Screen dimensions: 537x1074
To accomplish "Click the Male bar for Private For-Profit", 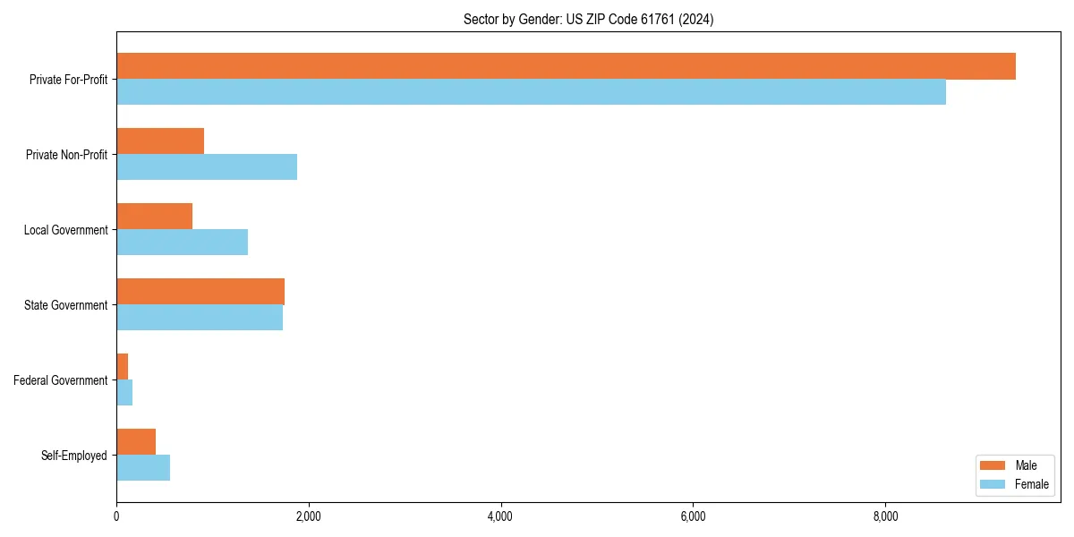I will point(566,66).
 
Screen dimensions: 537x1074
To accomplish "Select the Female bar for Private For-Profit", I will point(531,91).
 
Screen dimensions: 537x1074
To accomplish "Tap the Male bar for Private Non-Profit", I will point(160,141).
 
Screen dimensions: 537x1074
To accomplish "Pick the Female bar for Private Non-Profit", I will point(207,166).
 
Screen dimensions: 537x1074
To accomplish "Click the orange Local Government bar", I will point(154,217).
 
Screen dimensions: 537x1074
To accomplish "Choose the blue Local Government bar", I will point(182,242).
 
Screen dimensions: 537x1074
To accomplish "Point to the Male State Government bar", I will point(200,292).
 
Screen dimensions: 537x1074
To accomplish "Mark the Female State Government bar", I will point(200,317).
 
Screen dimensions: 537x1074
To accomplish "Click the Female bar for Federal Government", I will point(124,392).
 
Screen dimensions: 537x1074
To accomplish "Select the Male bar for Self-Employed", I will point(136,442).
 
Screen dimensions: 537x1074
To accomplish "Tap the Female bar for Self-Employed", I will point(143,467).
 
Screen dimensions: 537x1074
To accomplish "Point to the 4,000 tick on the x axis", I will point(501,516).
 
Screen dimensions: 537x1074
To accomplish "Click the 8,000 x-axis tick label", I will point(885,516).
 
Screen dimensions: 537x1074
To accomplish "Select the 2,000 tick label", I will point(309,516).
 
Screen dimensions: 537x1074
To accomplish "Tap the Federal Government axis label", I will point(61,380).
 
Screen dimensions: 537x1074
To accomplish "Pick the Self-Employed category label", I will point(74,456).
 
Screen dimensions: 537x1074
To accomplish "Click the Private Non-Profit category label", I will point(66,155).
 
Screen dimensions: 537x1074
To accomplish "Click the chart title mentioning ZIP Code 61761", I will point(588,19).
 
